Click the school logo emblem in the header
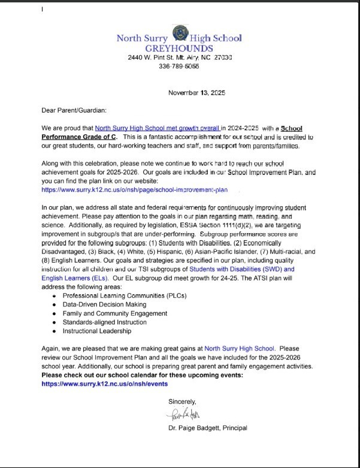tap(179, 34)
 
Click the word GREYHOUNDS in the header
tap(179, 48)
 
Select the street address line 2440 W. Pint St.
tap(180, 57)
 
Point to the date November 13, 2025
tap(196, 93)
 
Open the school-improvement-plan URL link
tap(135, 189)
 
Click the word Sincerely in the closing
tap(182, 401)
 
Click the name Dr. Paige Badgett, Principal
tap(208, 428)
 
